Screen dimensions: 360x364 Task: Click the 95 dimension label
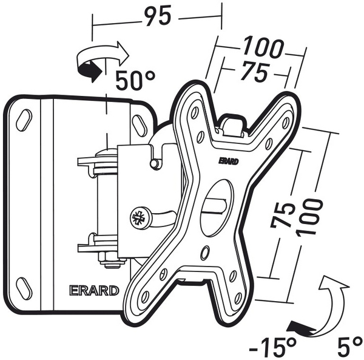156,17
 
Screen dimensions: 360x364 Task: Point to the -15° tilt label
273,347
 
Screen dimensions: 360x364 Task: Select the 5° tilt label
351,347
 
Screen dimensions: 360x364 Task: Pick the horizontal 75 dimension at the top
254,72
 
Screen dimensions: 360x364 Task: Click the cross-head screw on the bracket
138,217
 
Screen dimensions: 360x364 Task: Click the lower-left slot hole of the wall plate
25,286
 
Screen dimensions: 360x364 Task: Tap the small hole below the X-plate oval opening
205,250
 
